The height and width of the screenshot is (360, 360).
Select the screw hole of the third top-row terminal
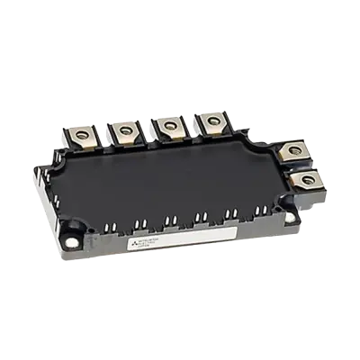[168, 125]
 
